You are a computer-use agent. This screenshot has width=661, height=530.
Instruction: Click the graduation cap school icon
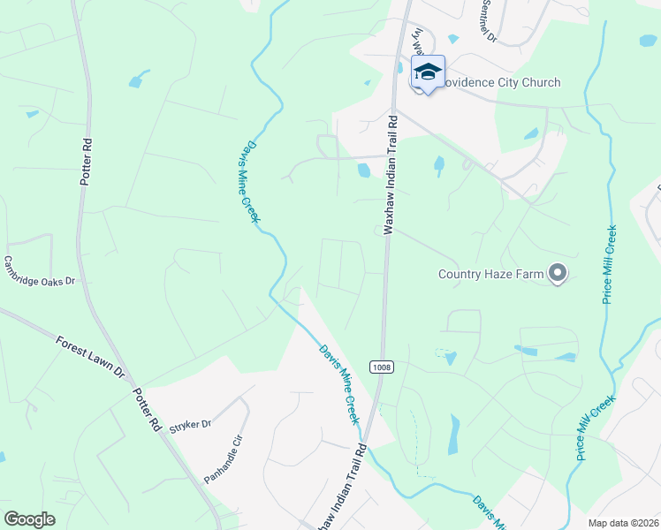[428, 72]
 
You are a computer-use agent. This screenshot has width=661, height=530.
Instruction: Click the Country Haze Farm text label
[491, 274]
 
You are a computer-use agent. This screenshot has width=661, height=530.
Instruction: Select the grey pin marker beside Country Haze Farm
[557, 274]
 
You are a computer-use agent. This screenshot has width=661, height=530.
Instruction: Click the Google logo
[29, 519]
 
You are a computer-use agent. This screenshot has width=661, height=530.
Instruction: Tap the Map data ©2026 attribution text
[622, 523]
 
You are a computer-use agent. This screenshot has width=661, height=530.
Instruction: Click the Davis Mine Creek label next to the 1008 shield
[340, 383]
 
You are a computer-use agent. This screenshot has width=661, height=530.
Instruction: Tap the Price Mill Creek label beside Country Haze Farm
[611, 264]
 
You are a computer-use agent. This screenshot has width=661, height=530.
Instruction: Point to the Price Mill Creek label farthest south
[595, 425]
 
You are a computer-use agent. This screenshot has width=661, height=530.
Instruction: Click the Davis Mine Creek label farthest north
[251, 181]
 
